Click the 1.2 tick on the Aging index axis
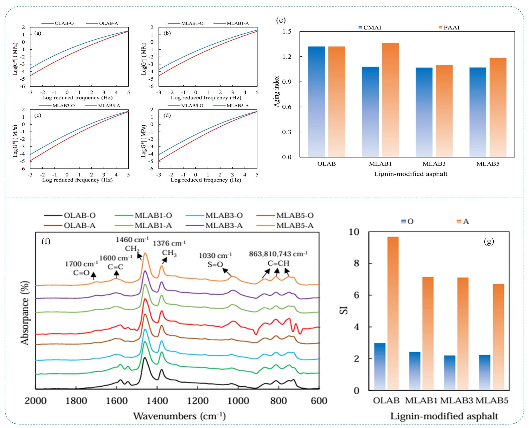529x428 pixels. click(x=287, y=57)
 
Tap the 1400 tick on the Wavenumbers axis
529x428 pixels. click(x=157, y=401)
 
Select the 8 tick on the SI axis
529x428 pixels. click(x=356, y=263)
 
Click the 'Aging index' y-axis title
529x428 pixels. click(x=277, y=91)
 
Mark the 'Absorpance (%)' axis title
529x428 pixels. click(x=25, y=313)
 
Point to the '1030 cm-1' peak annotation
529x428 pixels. click(x=215, y=256)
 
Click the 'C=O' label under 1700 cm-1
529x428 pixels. click(x=81, y=273)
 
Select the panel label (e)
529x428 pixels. click(x=281, y=20)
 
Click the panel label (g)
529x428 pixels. click(x=489, y=241)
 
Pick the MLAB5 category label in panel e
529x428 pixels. click(x=488, y=164)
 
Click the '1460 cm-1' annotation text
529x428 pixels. click(x=132, y=240)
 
